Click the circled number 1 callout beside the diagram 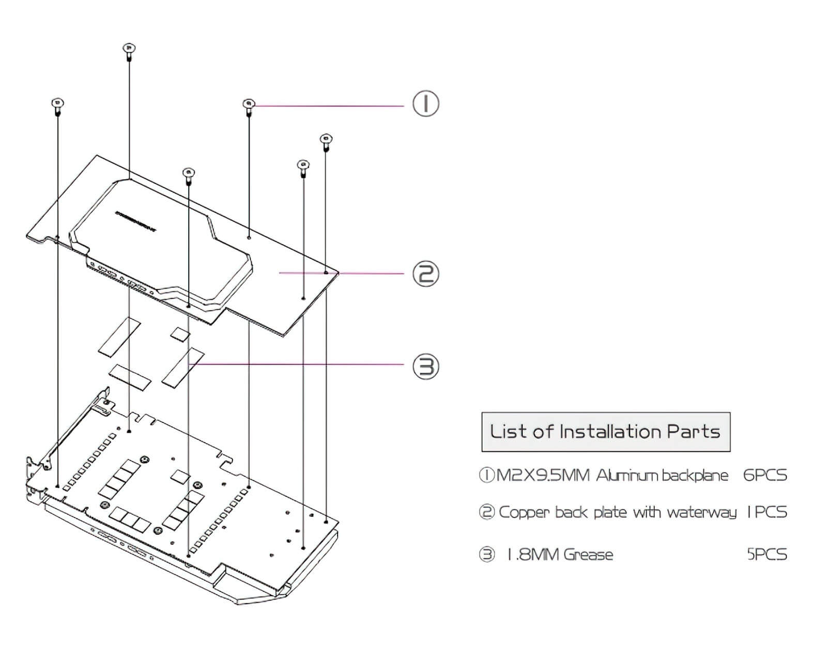[425, 103]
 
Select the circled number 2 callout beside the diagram [425, 274]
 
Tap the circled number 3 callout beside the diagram [425, 366]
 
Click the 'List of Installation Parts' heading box [605, 432]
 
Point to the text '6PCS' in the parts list [765, 475]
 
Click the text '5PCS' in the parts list [767, 555]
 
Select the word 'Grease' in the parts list [588, 555]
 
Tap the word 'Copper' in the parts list [524, 513]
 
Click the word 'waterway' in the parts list [701, 513]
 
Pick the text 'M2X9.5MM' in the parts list [542, 475]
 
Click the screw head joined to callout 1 [249, 104]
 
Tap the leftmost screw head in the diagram [57, 103]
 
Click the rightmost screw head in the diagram [326, 139]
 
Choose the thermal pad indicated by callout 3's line [183, 366]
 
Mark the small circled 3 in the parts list [486, 555]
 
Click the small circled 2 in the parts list [486, 513]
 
